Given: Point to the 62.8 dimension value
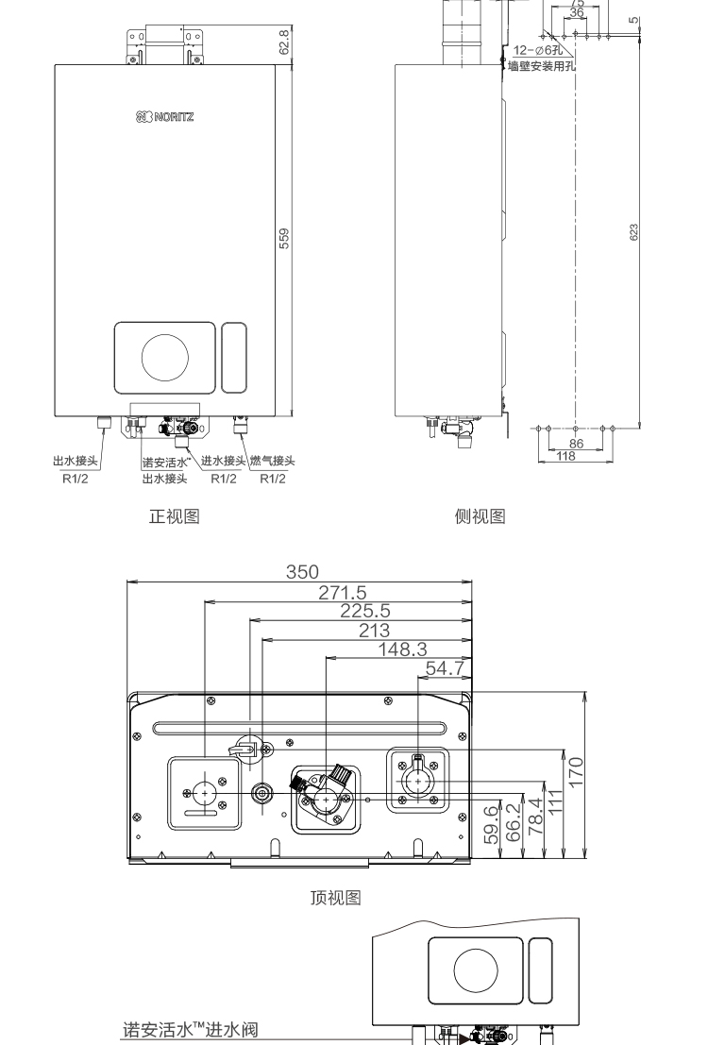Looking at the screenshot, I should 284,42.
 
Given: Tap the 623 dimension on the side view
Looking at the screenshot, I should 634,231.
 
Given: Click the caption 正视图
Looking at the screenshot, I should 174,516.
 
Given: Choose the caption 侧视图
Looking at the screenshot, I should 480,516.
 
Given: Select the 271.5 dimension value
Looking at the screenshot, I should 341,593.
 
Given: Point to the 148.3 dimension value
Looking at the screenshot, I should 399,649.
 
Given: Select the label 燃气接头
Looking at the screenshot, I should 272,461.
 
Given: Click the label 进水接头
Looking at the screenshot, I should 224,461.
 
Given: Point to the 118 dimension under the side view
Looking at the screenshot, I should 565,456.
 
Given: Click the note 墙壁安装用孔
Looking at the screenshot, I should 541,66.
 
